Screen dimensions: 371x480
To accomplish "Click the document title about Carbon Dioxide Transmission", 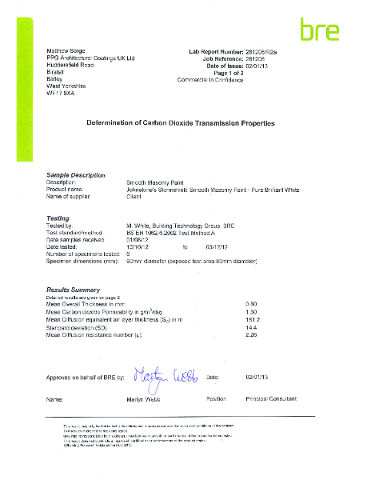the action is click(181, 124).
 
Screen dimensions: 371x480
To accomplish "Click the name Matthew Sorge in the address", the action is click(66, 51).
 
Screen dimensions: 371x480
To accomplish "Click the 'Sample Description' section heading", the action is click(76, 174).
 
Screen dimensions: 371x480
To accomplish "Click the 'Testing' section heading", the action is click(59, 218).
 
